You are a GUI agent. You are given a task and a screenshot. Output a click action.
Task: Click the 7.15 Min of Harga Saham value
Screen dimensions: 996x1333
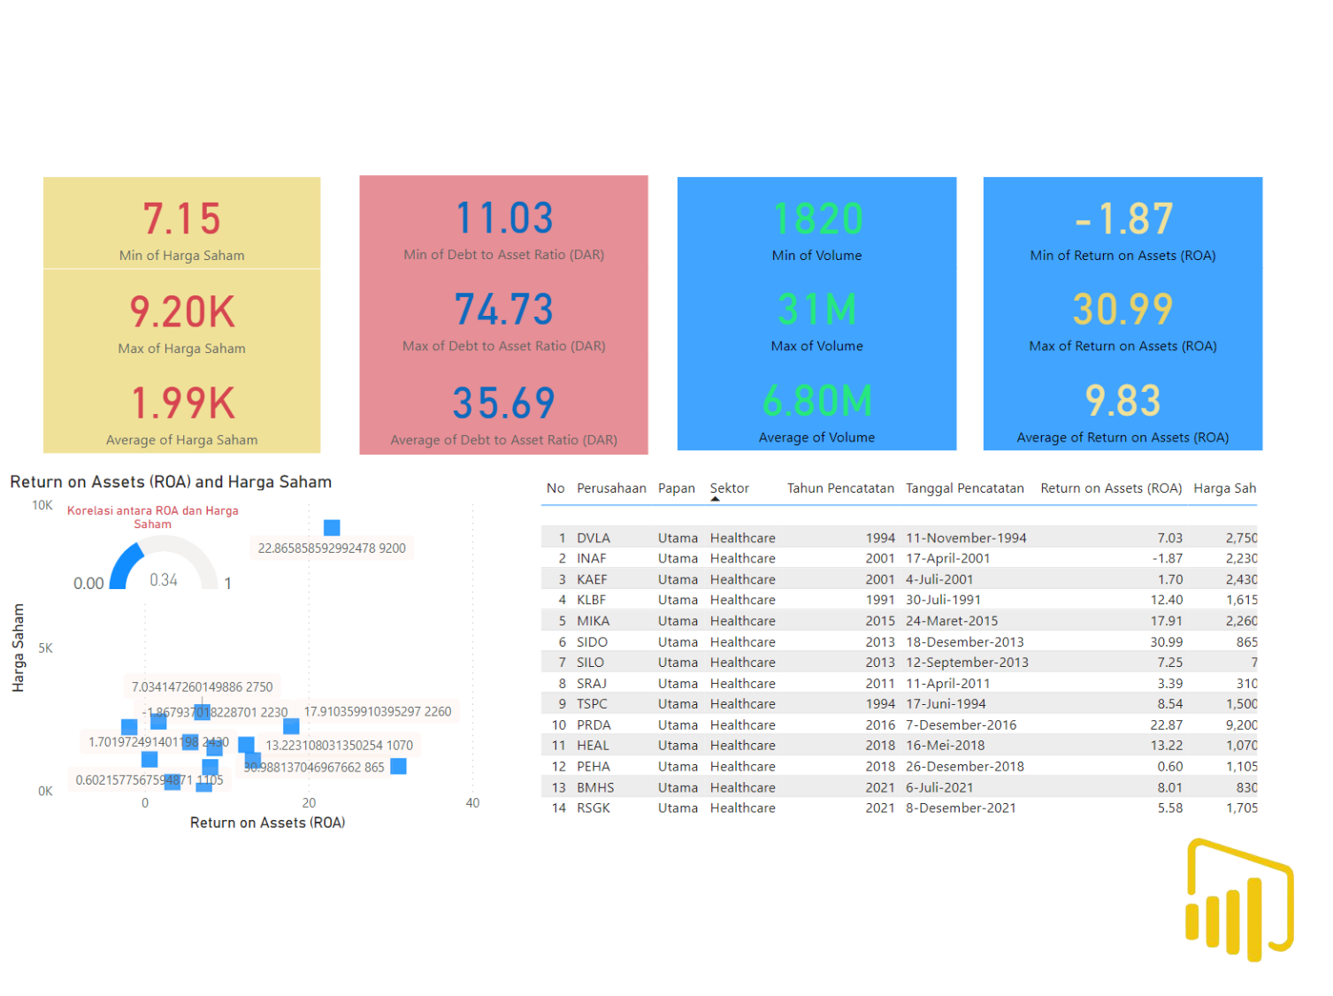click(x=181, y=218)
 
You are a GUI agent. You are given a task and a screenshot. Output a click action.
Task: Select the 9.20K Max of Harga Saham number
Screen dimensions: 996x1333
click(x=182, y=312)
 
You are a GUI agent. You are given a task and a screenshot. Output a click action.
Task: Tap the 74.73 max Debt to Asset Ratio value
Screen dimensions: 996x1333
click(x=504, y=310)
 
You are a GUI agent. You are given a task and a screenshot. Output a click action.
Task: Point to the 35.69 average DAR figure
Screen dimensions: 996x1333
click(x=504, y=403)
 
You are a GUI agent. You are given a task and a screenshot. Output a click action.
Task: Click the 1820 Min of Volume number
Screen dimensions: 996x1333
click(x=817, y=219)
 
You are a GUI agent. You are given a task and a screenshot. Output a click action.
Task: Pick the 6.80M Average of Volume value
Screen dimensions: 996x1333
click(x=817, y=401)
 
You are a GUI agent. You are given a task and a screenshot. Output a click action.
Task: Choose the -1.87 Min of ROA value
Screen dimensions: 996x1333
click(x=1123, y=219)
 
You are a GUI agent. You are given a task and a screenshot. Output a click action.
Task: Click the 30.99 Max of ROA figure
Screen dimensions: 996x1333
click(x=1123, y=310)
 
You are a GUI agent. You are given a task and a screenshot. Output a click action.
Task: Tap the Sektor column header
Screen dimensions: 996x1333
click(x=729, y=488)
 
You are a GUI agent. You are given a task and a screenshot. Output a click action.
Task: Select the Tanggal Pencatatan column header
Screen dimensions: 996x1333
click(x=964, y=488)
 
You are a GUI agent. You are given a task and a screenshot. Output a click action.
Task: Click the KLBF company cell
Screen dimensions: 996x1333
click(x=591, y=600)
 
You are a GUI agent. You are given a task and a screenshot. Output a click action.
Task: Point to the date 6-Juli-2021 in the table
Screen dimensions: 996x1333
click(x=939, y=787)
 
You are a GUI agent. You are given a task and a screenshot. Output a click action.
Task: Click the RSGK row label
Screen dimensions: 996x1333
click(x=594, y=808)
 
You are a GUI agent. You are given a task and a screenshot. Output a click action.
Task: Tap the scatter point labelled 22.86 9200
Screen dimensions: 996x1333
click(x=332, y=528)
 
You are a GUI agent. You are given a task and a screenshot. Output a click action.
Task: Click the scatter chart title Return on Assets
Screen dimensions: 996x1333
click(x=171, y=482)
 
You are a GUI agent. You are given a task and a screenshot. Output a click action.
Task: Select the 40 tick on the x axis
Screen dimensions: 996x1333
click(x=472, y=803)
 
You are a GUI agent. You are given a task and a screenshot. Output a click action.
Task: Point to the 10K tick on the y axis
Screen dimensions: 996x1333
click(x=42, y=505)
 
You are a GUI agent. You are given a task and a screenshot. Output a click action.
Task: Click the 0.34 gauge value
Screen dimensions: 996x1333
click(x=164, y=580)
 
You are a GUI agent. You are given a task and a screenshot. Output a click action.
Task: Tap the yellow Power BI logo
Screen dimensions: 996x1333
click(x=1238, y=900)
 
